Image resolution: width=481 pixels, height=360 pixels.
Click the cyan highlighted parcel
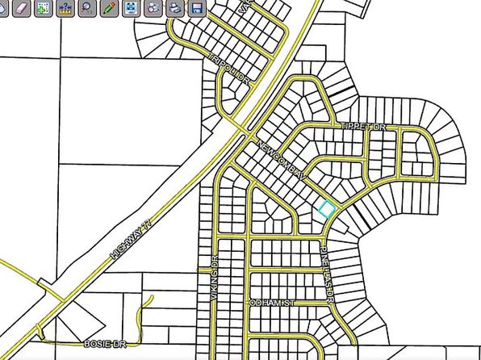pos(325,209)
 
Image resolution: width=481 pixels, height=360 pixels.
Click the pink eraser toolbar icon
pos(22,8)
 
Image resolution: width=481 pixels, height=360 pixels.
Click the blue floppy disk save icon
pos(196,8)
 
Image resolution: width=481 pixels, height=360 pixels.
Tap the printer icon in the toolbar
pos(174,8)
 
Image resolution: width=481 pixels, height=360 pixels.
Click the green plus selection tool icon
pos(44,8)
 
